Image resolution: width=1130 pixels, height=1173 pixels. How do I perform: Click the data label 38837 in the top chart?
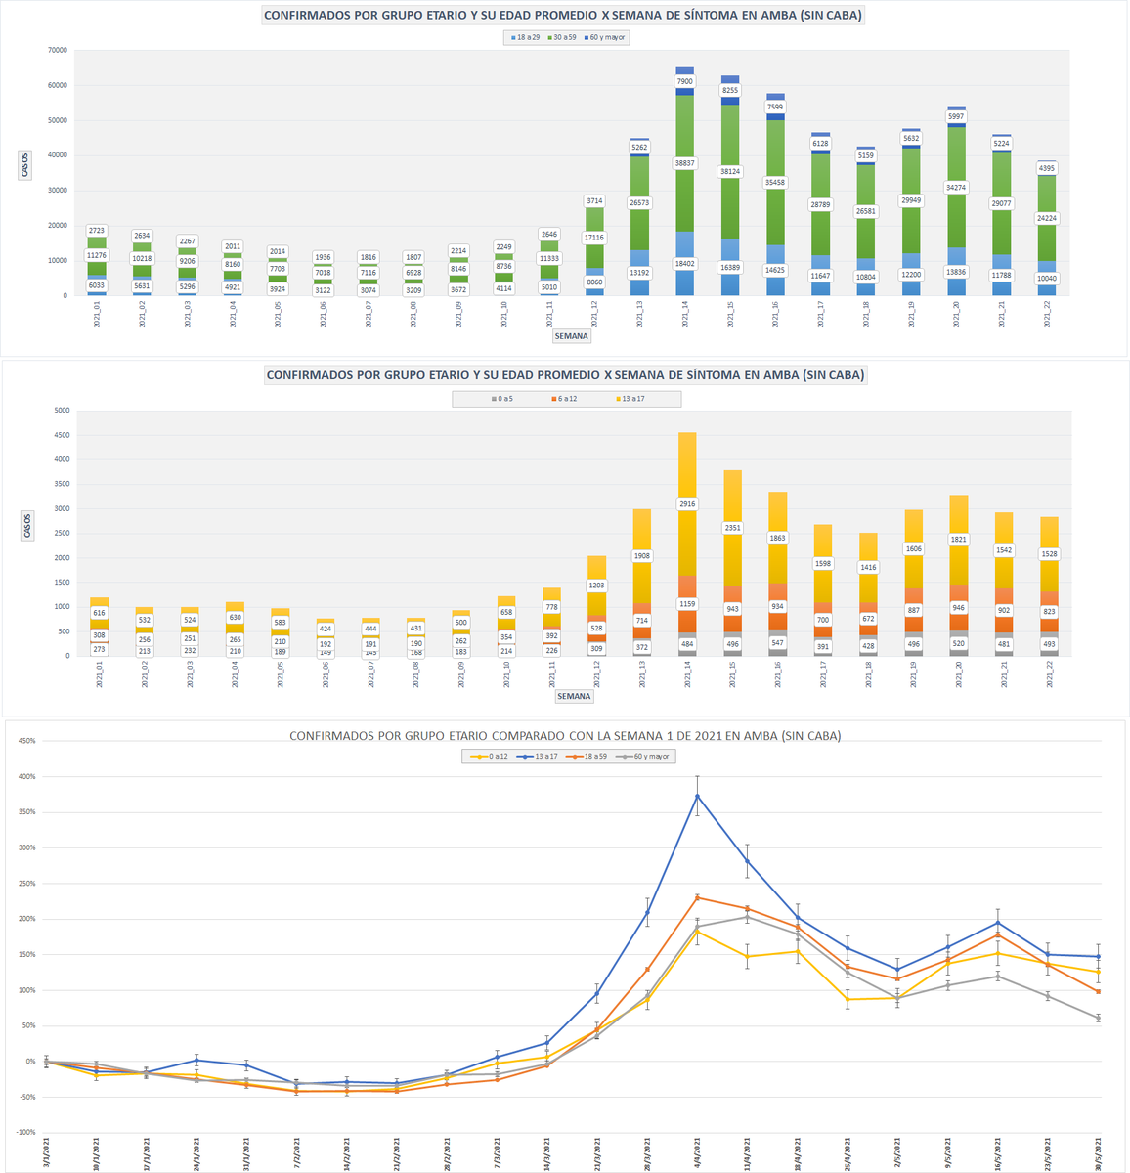684,162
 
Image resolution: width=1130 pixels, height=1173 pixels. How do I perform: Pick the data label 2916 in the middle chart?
687,503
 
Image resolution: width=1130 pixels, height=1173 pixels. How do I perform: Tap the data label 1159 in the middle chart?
687,603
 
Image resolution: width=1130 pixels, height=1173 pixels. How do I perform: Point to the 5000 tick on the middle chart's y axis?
61,411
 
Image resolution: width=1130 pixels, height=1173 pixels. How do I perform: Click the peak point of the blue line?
697,796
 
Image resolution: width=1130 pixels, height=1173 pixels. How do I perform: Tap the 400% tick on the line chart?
23,777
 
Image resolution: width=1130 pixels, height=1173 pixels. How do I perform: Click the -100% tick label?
23,1133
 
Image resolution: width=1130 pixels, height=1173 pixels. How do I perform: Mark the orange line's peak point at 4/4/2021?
697,897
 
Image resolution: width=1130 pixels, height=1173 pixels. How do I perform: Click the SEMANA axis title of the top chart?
571,336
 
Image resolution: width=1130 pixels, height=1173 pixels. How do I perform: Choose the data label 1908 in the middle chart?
642,555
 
